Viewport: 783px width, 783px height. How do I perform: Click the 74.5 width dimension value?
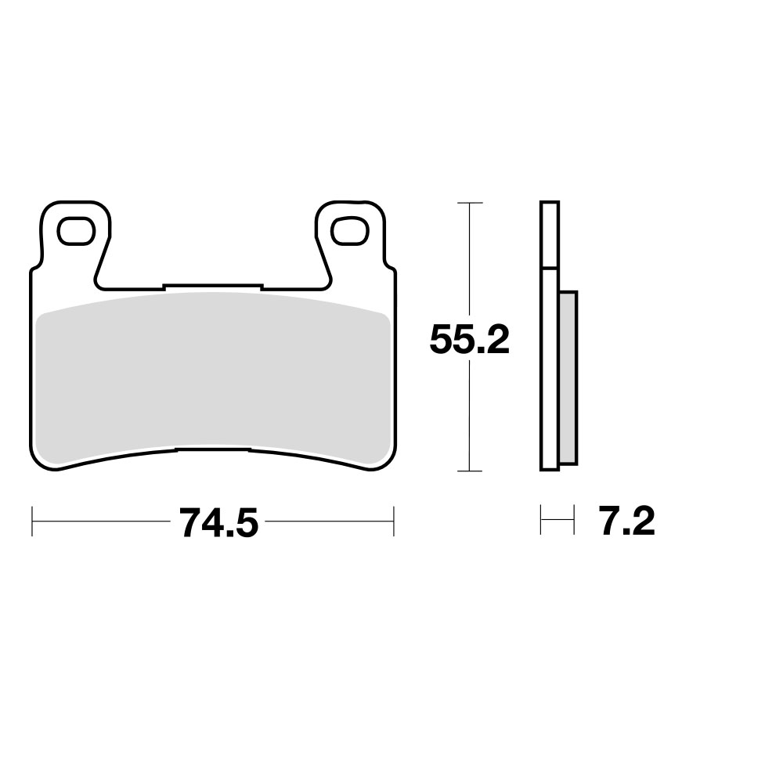coord(218,523)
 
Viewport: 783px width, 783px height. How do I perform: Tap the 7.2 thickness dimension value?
coord(626,521)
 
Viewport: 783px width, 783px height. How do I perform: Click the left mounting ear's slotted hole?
coord(76,231)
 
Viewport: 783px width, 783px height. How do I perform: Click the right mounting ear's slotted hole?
coord(348,231)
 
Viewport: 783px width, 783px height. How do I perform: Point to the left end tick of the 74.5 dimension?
coord(32,521)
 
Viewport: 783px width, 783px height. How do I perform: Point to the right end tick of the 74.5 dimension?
coord(393,521)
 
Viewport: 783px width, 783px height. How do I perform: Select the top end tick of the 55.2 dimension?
coord(468,203)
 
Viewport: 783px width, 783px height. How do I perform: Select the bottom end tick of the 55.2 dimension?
coord(468,471)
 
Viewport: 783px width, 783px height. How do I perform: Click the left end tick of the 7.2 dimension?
coord(541,521)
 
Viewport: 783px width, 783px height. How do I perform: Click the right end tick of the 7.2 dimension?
coord(574,521)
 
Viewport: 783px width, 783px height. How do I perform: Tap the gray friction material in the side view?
coord(568,376)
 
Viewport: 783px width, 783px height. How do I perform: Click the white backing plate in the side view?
coord(549,368)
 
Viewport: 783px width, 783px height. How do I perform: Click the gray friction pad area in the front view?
coord(211,376)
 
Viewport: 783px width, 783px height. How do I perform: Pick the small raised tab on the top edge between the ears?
coord(211,287)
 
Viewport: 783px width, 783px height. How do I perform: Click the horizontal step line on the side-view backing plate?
coord(549,269)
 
